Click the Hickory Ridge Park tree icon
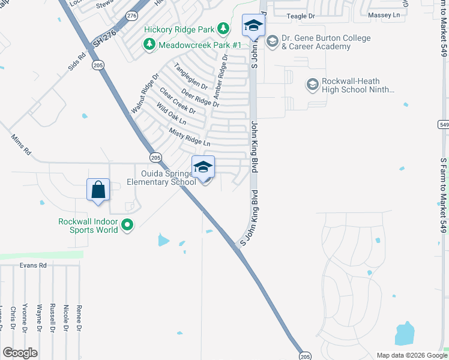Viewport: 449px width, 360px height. (x=223, y=28)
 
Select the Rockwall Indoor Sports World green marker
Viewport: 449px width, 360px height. (x=127, y=226)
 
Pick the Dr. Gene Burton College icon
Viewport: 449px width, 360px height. (x=273, y=41)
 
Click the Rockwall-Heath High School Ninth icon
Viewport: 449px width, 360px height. (x=312, y=85)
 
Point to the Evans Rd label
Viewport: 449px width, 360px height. (x=32, y=265)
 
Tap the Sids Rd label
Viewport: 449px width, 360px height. (x=77, y=61)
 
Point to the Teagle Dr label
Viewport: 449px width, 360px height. (x=301, y=16)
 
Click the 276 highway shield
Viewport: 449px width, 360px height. (x=132, y=15)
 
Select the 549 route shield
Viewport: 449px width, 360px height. (x=444, y=124)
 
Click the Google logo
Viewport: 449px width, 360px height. (x=20, y=353)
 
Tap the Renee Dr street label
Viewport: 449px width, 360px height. (x=79, y=317)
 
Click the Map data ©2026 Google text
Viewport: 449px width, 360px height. (x=411, y=355)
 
